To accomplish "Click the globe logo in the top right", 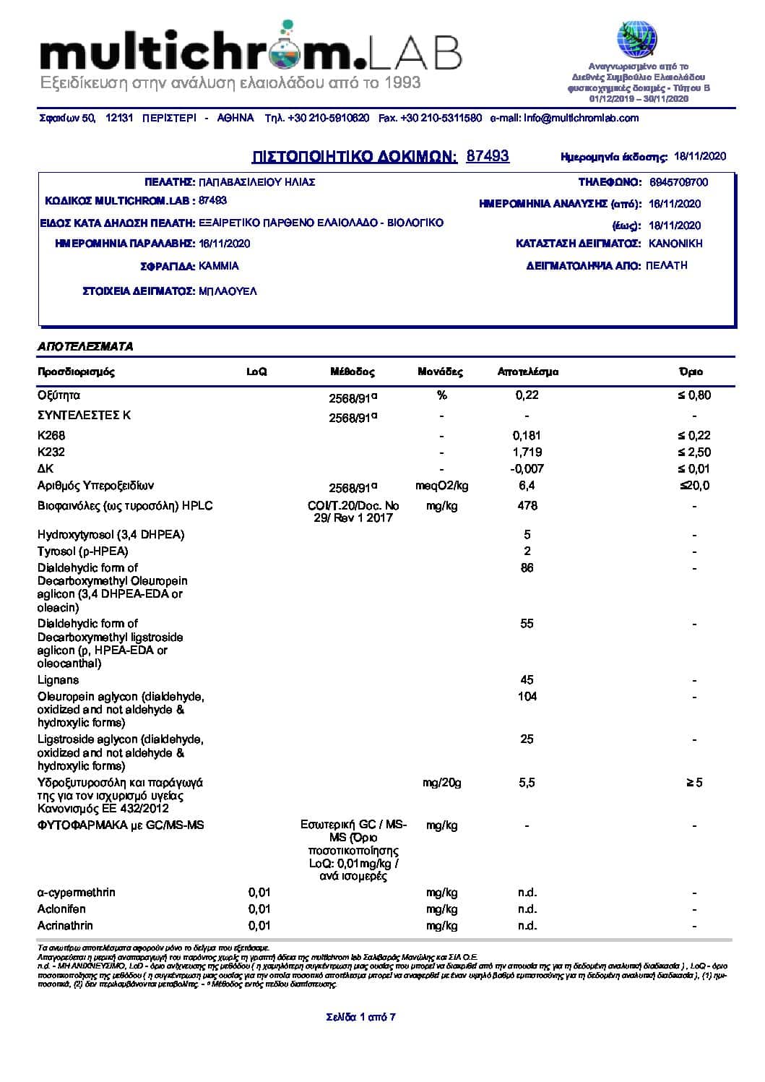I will tap(636, 40).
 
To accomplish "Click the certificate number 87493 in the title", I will tap(488, 156).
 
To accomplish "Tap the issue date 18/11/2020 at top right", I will tap(699, 156).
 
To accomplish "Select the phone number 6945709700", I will tap(678, 183).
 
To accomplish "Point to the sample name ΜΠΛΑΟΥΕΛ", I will tap(228, 291).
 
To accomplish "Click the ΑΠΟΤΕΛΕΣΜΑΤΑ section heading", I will tap(85, 347).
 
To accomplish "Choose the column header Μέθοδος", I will tap(353, 372).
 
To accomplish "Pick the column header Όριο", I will tap(691, 372).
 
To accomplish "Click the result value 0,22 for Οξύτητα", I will tap(527, 395).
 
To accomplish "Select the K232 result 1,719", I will tap(527, 452).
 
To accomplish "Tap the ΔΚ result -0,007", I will tap(527, 469).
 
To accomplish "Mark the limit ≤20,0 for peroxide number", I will tap(694, 486).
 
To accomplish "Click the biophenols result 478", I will tap(527, 506).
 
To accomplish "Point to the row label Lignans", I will tap(59, 680).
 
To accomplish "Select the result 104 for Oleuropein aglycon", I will tap(527, 697).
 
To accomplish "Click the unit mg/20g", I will tap(441, 783).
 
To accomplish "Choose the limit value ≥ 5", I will tap(694, 783).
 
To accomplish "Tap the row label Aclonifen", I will tap(61, 909).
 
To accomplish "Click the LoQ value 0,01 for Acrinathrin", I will tap(259, 926).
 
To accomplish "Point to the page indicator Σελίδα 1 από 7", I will tap(360, 1018).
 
